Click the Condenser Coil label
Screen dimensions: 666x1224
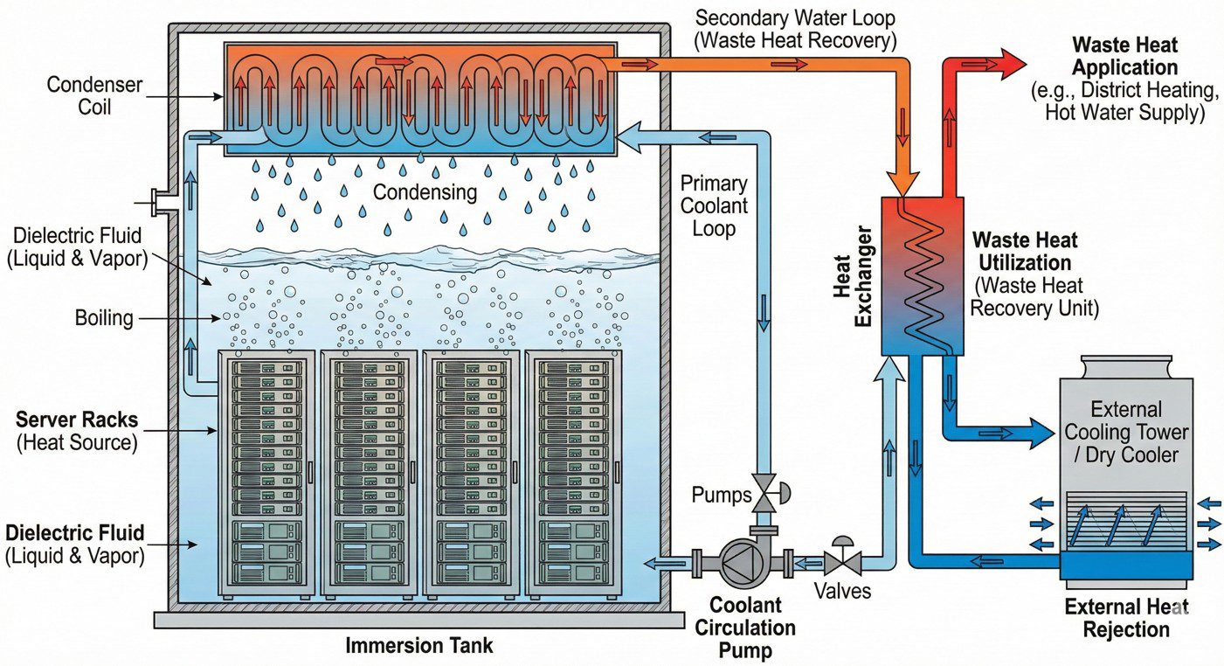click(x=82, y=97)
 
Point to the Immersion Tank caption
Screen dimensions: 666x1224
click(x=419, y=646)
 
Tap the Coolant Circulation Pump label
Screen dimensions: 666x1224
click(x=752, y=627)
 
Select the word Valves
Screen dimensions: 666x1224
click(x=842, y=592)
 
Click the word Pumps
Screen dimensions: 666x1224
click(x=722, y=496)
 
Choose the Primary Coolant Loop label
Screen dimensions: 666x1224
click(x=715, y=206)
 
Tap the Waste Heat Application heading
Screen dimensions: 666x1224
click(x=1125, y=56)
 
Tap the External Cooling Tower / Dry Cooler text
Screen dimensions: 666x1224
click(x=1126, y=432)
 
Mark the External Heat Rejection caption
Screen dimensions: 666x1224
click(x=1126, y=618)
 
